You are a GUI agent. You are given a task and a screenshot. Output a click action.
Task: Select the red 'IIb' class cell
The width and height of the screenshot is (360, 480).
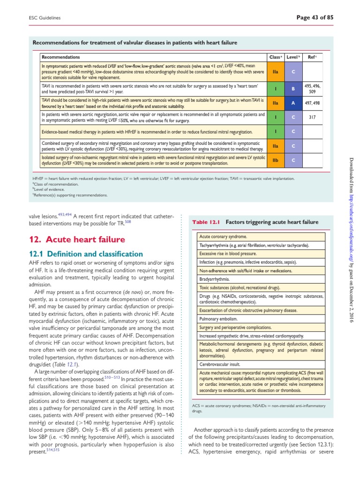(275, 160)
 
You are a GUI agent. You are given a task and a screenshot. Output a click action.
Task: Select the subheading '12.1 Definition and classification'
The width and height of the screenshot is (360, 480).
(83, 254)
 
